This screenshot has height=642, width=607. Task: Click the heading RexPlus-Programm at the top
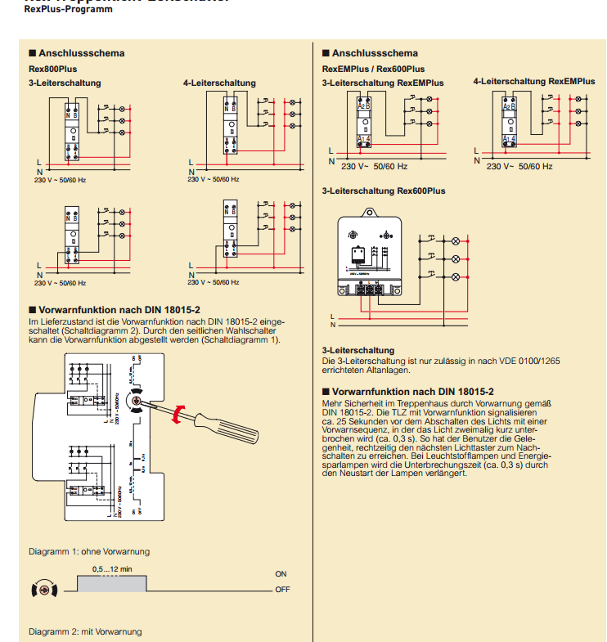click(x=57, y=9)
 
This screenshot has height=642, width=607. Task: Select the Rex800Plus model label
click(x=52, y=69)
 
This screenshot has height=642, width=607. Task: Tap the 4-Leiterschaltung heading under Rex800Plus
click(x=219, y=83)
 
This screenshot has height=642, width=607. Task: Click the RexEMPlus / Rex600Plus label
click(x=372, y=69)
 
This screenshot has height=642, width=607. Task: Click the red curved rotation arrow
click(x=178, y=413)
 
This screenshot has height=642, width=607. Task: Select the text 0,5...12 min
click(x=112, y=568)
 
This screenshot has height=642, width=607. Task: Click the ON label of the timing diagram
click(x=281, y=574)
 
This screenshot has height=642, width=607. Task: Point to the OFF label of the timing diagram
click(x=282, y=589)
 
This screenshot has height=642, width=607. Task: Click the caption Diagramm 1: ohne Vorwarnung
click(x=88, y=551)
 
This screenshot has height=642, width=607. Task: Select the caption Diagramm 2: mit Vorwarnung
click(x=85, y=631)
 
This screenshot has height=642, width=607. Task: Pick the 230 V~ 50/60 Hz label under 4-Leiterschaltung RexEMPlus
click(x=519, y=166)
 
